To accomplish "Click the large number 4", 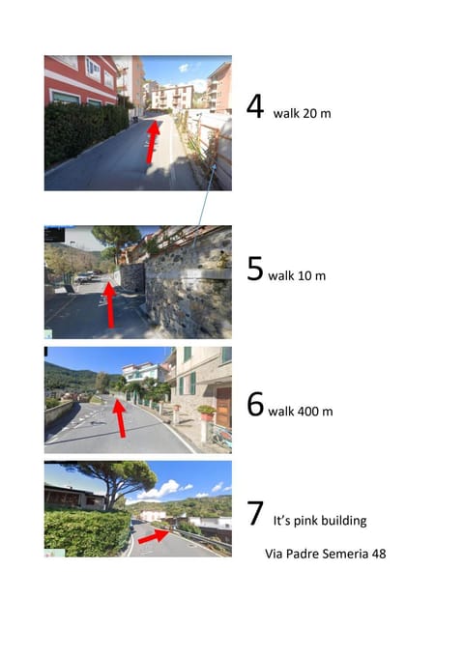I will [x=255, y=106].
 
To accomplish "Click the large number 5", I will [x=255, y=269].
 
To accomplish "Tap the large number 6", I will [x=255, y=404].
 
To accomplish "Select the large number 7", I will [x=255, y=514].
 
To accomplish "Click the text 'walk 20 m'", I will [x=302, y=114].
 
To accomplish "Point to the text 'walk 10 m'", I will [x=297, y=276].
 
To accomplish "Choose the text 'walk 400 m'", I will [x=301, y=412].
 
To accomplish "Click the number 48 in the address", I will [x=377, y=555].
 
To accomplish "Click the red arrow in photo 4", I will [x=151, y=141].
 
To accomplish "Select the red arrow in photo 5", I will [x=109, y=304].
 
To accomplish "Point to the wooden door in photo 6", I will [x=223, y=406].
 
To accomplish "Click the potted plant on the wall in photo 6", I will [x=206, y=412].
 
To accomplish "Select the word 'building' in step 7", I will [x=345, y=522].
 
